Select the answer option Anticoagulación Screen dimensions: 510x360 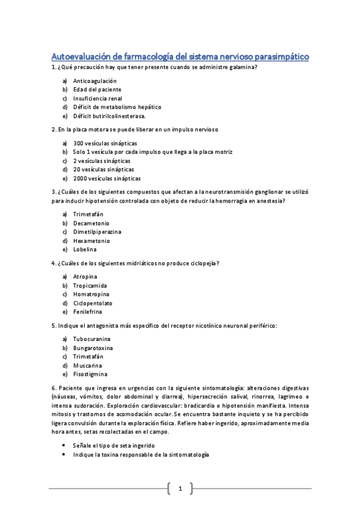[x=94, y=81]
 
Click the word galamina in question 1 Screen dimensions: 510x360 [x=241, y=67]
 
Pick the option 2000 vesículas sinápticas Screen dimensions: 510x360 [x=107, y=179]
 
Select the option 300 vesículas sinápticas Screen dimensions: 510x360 [x=105, y=143]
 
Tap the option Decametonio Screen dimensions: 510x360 [x=91, y=223]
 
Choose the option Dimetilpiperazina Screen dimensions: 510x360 [x=97, y=232]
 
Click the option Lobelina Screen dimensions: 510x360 [x=85, y=250]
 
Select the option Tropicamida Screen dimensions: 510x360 [x=90, y=286]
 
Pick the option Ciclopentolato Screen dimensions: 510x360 [x=93, y=303]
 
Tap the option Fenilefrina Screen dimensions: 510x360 [x=88, y=312]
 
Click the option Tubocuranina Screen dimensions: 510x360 [x=92, y=339]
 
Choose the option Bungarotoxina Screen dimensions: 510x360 [x=93, y=348]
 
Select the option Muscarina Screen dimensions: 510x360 [x=88, y=366]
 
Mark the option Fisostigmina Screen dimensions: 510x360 [x=91, y=374]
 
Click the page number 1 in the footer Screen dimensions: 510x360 [x=180, y=489]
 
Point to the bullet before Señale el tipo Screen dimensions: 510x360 [x=64, y=446]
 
